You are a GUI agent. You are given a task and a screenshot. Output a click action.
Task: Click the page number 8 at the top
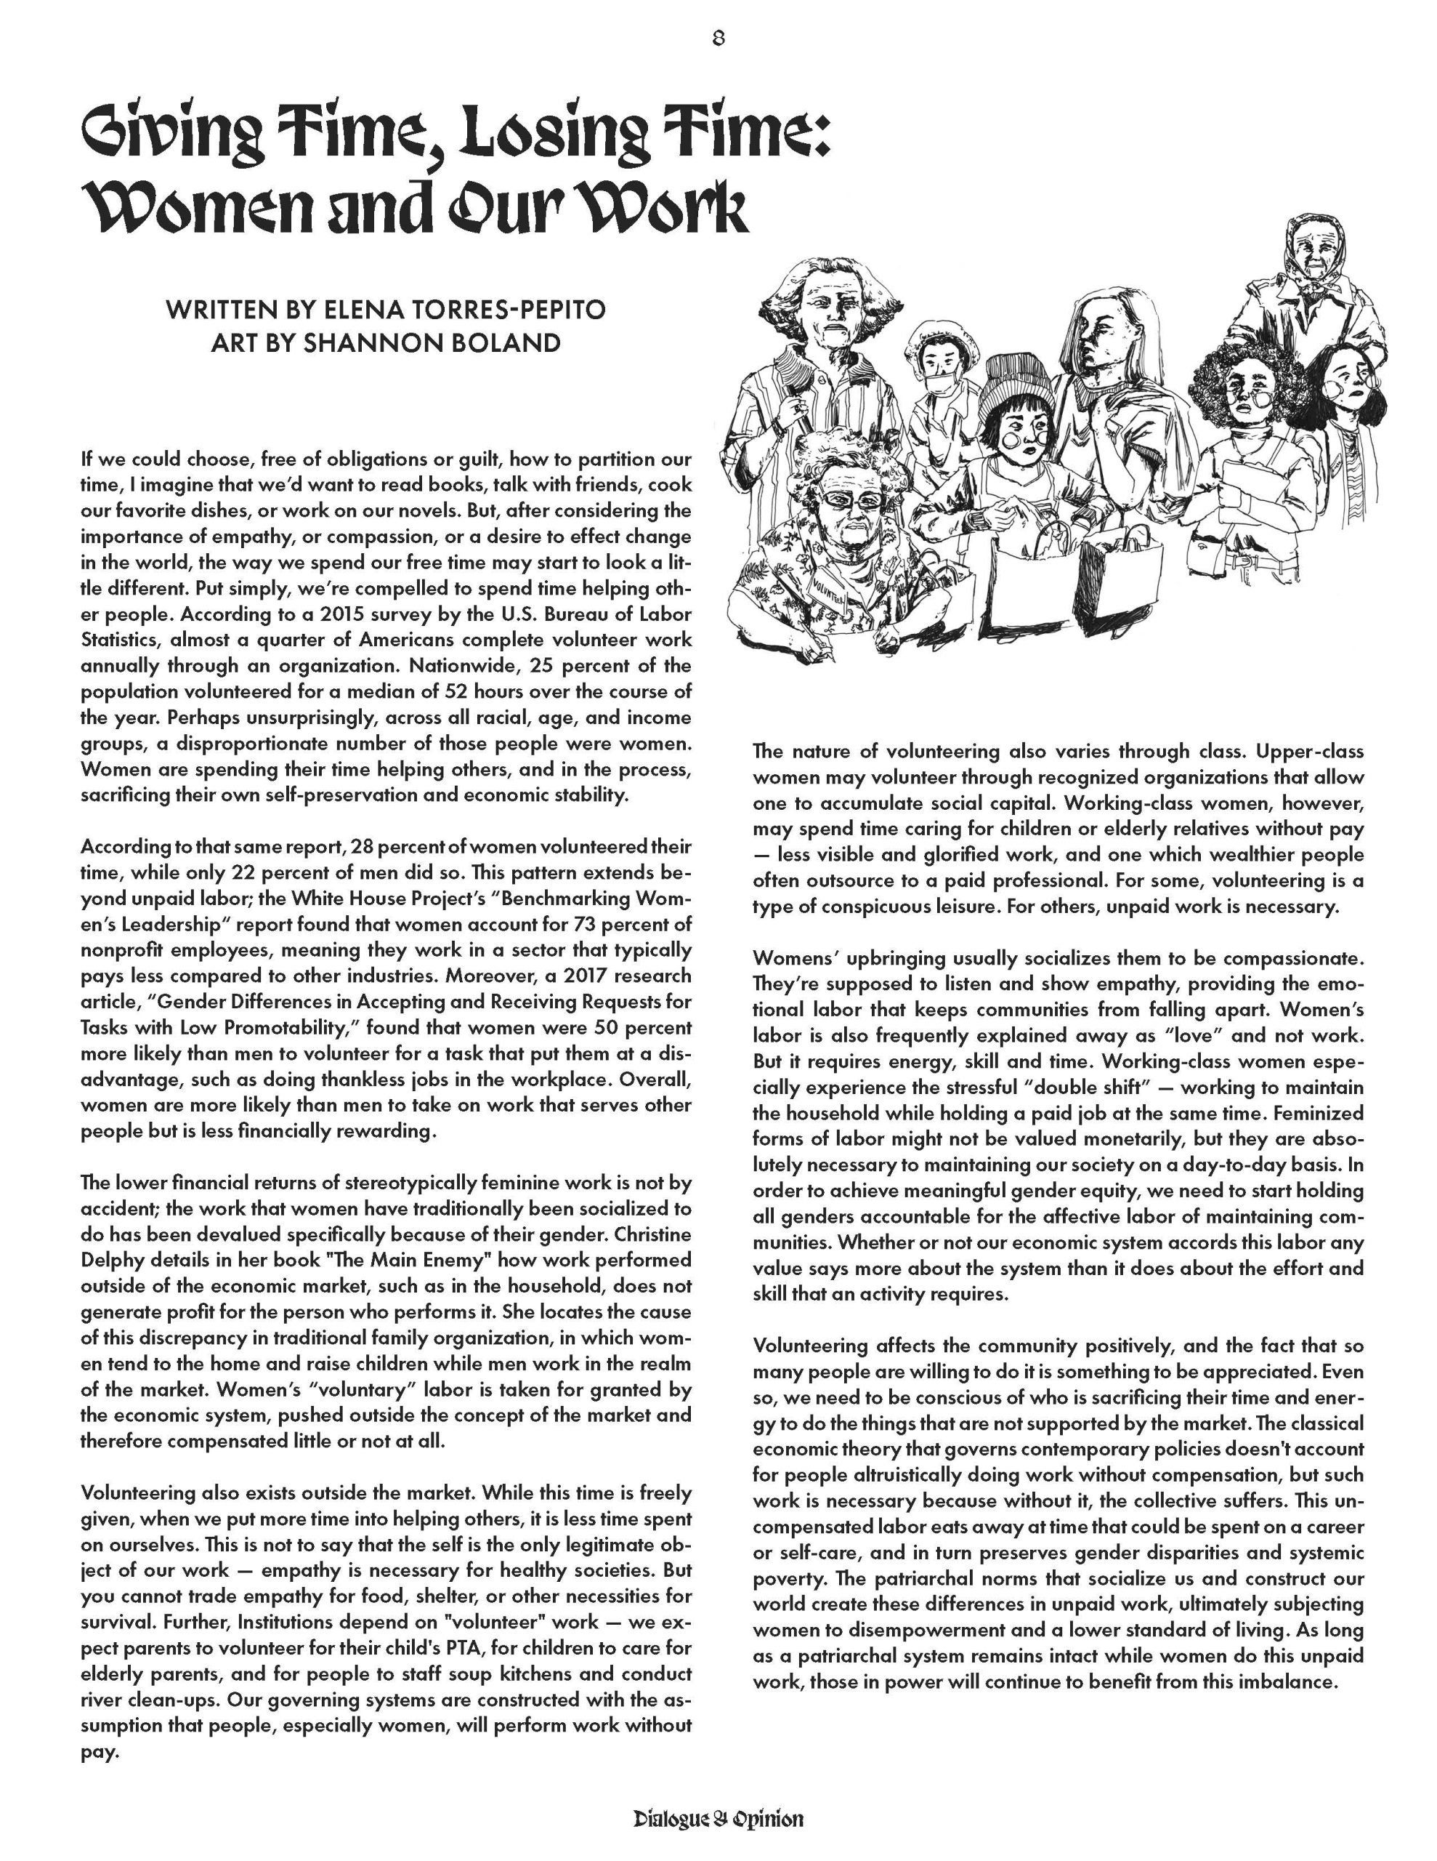click(717, 39)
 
